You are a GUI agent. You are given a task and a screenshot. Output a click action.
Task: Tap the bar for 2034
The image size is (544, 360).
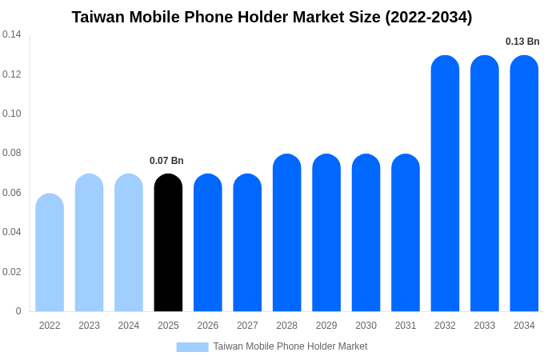tap(524, 183)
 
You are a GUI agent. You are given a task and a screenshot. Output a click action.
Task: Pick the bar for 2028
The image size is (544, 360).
tap(286, 233)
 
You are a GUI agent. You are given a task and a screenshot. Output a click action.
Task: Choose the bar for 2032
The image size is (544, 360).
tap(445, 183)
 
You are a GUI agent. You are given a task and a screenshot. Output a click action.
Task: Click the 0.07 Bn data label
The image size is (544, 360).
tap(166, 161)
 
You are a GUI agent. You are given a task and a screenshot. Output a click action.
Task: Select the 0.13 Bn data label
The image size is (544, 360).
tap(522, 42)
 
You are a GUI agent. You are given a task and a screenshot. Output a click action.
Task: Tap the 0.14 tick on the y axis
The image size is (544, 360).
tap(12, 34)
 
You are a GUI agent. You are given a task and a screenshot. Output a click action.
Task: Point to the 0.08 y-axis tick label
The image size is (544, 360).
tap(12, 153)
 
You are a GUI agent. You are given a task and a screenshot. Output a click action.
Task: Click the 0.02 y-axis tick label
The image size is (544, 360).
tap(12, 272)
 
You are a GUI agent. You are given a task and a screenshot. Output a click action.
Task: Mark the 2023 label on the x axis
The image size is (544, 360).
tap(89, 326)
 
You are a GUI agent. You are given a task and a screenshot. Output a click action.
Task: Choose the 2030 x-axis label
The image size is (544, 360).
tap(366, 326)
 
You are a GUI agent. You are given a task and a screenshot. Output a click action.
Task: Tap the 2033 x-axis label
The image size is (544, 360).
tap(484, 326)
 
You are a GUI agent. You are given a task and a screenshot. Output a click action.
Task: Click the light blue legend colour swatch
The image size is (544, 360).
tap(192, 347)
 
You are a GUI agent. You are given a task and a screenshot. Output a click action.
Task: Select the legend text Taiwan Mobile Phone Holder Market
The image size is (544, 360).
tap(290, 346)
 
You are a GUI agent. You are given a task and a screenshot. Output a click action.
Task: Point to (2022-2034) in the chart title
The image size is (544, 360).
tap(428, 17)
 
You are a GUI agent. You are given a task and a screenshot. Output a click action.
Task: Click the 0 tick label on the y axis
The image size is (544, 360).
tap(18, 311)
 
